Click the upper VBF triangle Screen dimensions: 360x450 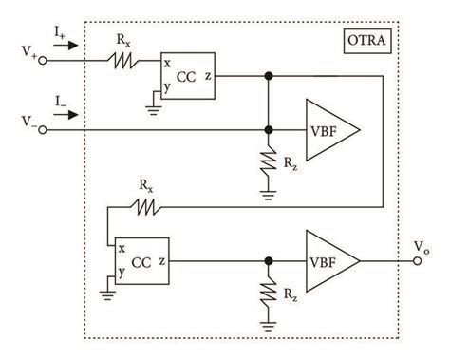click(x=328, y=130)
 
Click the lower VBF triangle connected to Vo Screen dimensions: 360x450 click(x=328, y=257)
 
